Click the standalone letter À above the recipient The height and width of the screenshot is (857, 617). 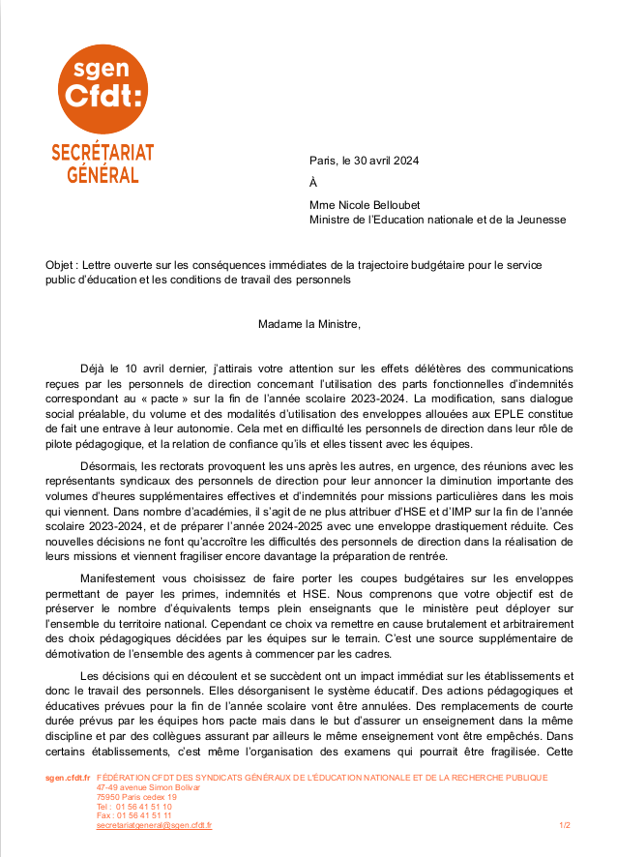click(312, 183)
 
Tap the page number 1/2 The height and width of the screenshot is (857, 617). click(565, 825)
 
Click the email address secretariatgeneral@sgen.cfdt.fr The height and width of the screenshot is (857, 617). click(154, 825)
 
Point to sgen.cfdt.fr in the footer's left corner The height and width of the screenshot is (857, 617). click(67, 778)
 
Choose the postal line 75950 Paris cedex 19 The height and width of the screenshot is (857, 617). click(136, 797)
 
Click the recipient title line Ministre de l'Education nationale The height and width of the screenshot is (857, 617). click(437, 220)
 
